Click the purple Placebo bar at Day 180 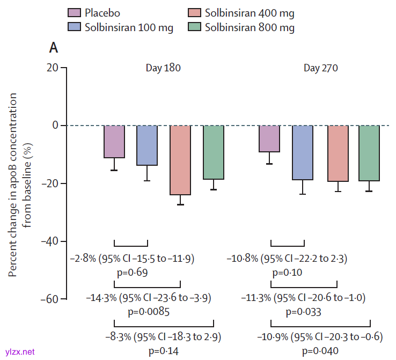click(x=114, y=142)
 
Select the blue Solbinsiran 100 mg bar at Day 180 click(x=147, y=145)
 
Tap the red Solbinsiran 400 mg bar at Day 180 click(x=180, y=160)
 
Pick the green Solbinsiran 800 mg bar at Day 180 click(x=214, y=152)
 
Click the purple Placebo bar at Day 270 click(x=269, y=138)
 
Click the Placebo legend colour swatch click(x=75, y=12)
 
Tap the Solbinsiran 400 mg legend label click(x=250, y=12)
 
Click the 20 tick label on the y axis click(x=52, y=68)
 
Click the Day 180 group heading click(x=163, y=68)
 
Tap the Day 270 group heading click(x=321, y=68)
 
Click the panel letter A click(x=54, y=47)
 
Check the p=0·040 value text click(x=304, y=351)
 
